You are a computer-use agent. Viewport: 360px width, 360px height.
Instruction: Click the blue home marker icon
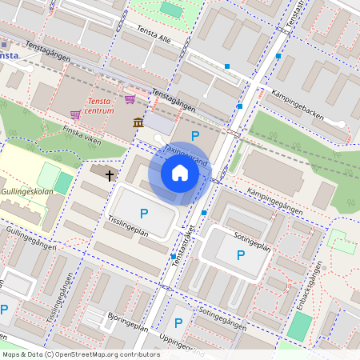tap(180, 173)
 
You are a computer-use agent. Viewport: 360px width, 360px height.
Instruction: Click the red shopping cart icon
tap(75, 114)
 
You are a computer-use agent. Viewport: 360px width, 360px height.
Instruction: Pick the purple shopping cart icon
tap(129, 99)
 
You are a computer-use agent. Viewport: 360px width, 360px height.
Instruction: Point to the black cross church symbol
tap(109, 173)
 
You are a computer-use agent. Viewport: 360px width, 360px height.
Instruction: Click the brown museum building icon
tap(139, 122)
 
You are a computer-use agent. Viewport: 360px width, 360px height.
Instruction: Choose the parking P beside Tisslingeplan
tap(144, 213)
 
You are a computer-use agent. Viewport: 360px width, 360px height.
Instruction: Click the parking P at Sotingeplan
tap(240, 255)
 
